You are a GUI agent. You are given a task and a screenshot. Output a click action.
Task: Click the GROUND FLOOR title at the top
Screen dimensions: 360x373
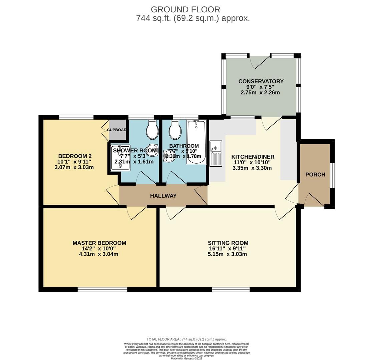pos(185,10)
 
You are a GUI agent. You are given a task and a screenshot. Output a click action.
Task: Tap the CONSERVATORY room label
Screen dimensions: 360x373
pos(261,81)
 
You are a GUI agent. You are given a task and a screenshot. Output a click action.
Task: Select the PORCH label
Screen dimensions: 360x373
pos(315,175)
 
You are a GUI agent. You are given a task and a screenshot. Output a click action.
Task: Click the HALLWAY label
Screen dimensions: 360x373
pos(163,196)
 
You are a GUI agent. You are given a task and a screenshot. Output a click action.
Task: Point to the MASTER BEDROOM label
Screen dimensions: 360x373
pos(99,243)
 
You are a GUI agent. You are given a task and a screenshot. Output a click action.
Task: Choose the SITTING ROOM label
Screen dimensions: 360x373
pos(228,243)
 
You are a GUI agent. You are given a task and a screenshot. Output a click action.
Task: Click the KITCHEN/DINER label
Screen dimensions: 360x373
pos(253,157)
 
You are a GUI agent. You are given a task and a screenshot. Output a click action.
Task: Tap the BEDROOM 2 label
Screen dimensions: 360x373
pos(75,156)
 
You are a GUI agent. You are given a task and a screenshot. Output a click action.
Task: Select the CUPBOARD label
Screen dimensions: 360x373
pos(116,130)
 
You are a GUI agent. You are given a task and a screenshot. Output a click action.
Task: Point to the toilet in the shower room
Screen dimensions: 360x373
pos(152,130)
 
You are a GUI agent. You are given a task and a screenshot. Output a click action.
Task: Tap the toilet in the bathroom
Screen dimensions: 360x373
pos(175,130)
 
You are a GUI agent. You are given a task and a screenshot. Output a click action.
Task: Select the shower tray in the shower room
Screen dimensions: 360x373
pos(120,158)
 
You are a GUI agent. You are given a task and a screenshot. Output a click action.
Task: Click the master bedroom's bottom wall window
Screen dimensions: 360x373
pos(102,289)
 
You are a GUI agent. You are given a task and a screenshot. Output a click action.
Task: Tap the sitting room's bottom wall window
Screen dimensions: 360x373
pos(231,289)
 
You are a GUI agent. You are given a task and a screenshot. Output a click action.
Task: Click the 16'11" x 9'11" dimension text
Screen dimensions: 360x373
pos(228,249)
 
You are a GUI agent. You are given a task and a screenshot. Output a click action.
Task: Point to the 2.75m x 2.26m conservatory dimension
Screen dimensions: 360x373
pos(260,93)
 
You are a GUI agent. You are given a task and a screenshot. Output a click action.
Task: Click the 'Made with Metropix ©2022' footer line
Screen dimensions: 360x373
pos(186,358)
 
